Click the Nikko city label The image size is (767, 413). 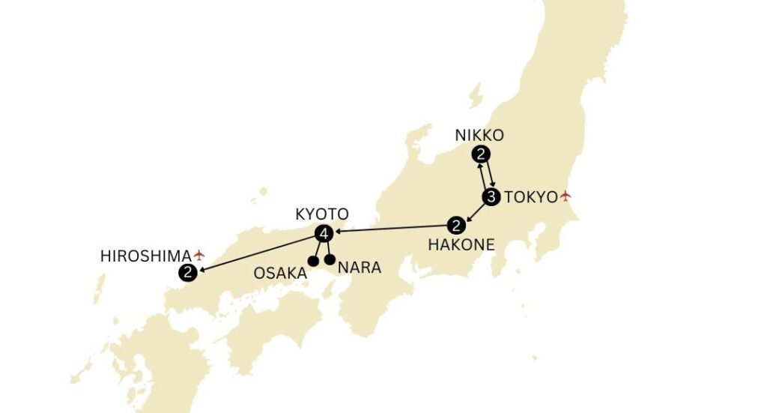coord(479,136)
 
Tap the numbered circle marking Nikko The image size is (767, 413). coord(482,155)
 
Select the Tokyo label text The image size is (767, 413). coord(531,197)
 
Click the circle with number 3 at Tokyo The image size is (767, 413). coord(491,198)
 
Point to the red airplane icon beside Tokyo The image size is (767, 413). coord(566,196)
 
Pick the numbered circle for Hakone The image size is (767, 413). coord(455,225)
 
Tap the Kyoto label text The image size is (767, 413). coord(321,214)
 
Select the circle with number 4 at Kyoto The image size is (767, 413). coord(324,234)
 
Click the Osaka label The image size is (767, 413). coord(279,273)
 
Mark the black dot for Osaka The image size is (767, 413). coord(313,262)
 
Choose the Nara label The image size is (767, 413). coord(360,268)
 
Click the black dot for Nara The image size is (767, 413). coord(330,260)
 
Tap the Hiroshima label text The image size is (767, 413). coord(145,256)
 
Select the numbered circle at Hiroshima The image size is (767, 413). coord(188,274)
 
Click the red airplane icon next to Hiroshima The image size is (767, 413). coord(199,256)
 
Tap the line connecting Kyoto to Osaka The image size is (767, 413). coord(318,248)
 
